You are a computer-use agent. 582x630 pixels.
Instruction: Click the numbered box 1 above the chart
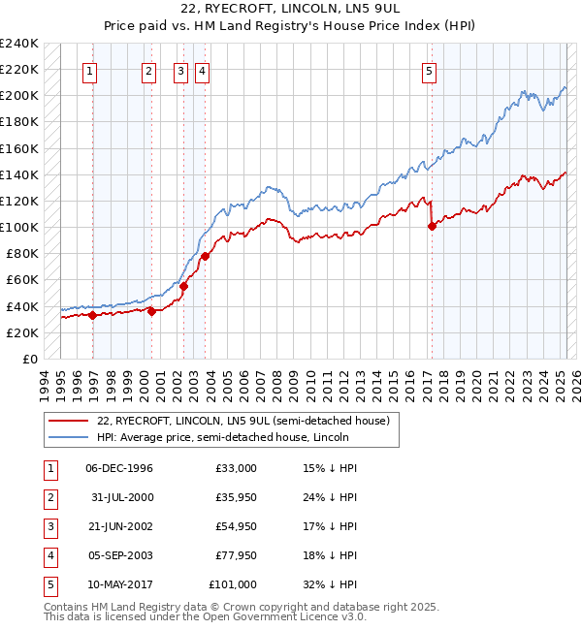[89, 70]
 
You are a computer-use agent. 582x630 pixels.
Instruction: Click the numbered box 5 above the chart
[429, 70]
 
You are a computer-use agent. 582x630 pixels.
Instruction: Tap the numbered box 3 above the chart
[181, 70]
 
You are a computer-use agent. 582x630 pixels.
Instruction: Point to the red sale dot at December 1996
[92, 315]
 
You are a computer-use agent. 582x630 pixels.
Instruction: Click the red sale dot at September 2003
[206, 257]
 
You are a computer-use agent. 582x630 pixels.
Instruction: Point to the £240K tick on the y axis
[19, 44]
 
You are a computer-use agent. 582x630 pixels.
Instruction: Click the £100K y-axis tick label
[19, 228]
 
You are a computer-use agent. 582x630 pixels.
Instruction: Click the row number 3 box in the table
[48, 526]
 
